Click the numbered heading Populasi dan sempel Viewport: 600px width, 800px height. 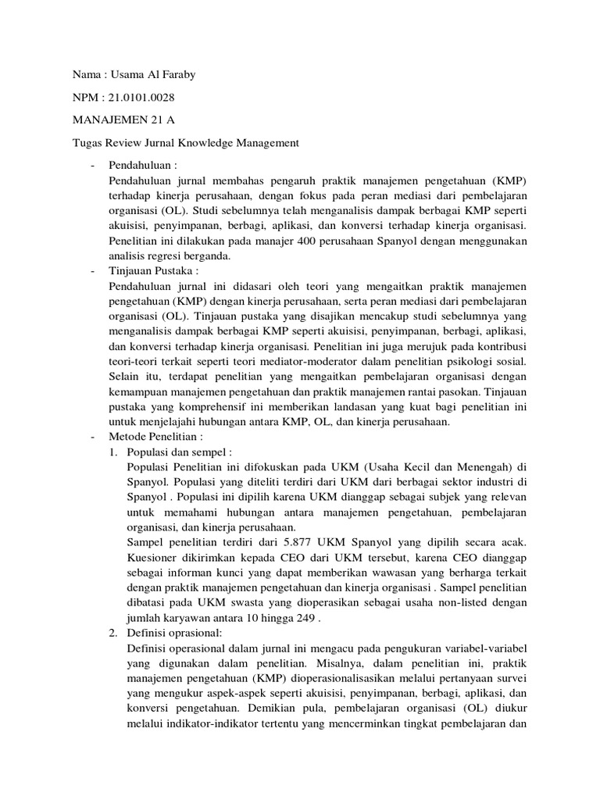[179, 451]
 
